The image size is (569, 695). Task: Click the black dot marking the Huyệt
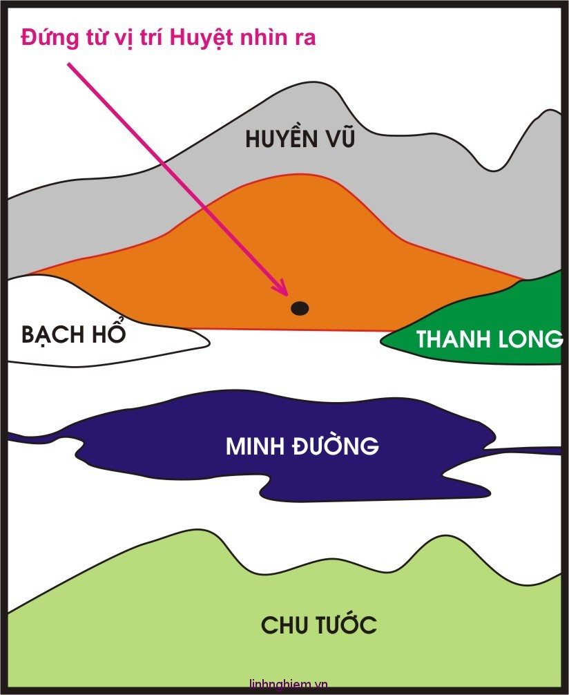pyautogui.click(x=299, y=308)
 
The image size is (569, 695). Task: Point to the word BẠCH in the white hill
pyautogui.click(x=49, y=335)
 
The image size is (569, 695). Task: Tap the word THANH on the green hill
pyautogui.click(x=453, y=340)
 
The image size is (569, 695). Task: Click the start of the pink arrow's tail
pyautogui.click(x=69, y=64)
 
